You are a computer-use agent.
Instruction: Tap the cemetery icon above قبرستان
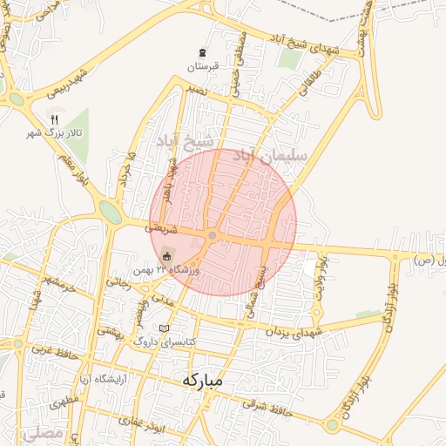[x=203, y=52]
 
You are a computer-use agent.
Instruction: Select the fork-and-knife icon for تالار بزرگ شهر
[x=55, y=120]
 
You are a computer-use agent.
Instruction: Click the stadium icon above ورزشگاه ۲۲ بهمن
[x=166, y=255]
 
